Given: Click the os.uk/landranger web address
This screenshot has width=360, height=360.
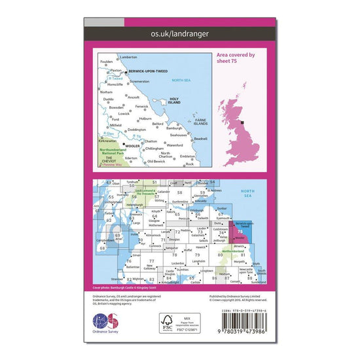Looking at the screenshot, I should (179, 39).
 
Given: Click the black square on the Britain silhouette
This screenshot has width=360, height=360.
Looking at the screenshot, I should (243, 122).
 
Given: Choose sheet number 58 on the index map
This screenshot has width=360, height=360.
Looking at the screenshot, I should (179, 194).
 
